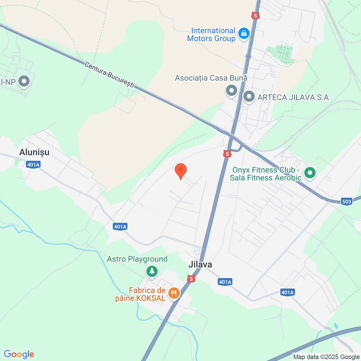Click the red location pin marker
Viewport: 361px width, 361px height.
pos(180,171)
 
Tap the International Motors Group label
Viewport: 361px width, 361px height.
pos(211,35)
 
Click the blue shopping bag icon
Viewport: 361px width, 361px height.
pos(244,34)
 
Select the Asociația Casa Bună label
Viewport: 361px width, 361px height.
pos(211,78)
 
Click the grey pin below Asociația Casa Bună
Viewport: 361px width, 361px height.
pos(231,91)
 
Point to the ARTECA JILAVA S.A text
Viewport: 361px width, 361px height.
pos(293,97)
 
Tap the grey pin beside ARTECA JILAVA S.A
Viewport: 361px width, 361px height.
pos(249,97)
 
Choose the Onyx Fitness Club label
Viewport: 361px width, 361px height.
pos(265,174)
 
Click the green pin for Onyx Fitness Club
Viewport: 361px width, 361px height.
pos(310,173)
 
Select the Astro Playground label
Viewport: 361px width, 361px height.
pos(137,259)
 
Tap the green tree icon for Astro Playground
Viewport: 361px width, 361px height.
pos(152,271)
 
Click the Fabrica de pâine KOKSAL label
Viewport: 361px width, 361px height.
pos(140,294)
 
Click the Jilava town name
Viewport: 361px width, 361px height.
pos(200,265)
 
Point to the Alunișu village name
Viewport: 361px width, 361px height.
pos(34,152)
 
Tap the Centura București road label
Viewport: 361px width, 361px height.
pos(110,74)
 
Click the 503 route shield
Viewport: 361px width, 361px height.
pos(347,201)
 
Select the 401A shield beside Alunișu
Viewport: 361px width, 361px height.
pos(33,165)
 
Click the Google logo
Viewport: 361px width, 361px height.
pos(19,354)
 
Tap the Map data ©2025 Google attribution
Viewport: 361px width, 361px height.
pos(326,357)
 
